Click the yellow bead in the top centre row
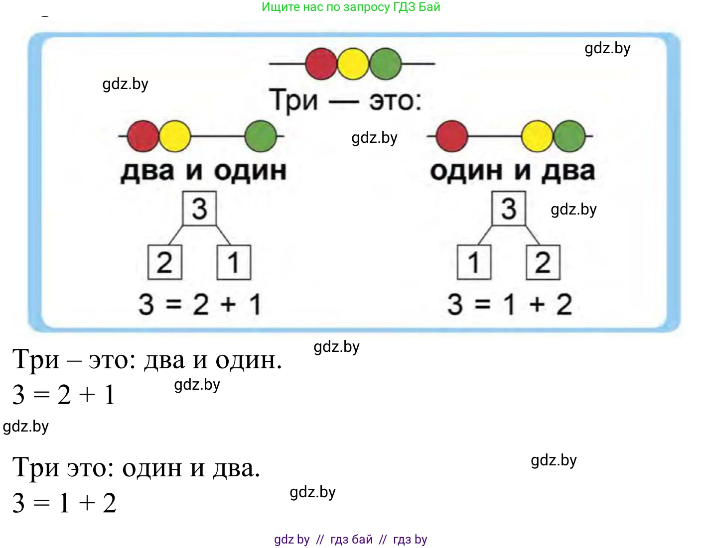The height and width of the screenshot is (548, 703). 353,64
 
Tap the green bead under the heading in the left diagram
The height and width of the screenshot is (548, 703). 261,136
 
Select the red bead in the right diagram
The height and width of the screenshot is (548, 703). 451,136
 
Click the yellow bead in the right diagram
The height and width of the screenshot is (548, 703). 537,136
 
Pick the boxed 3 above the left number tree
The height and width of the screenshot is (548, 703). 199,209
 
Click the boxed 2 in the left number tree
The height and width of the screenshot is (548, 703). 165,262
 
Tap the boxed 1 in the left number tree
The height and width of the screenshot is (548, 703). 234,262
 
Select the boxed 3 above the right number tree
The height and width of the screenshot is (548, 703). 509,209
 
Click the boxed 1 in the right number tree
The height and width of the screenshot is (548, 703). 474,262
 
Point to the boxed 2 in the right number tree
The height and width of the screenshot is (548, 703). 543,262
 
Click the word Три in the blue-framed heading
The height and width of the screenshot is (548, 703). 293,101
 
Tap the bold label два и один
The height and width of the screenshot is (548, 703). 203,171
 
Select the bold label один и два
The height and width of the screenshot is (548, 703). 512,171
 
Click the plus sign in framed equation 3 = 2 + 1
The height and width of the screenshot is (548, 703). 228,304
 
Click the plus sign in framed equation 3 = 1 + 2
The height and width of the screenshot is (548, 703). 537,304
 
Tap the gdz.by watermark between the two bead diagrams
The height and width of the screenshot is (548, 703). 374,138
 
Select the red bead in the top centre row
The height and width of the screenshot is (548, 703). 321,64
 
